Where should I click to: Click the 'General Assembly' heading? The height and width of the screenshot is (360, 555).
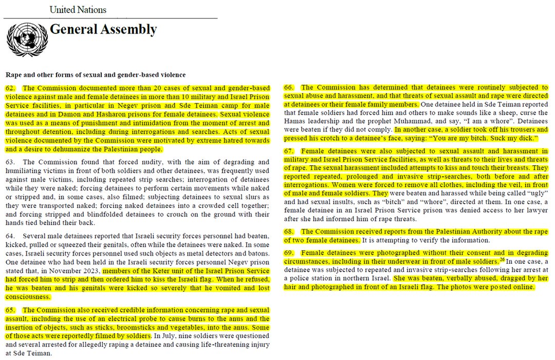(x=103, y=30)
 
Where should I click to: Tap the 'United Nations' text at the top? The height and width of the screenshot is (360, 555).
(x=78, y=10)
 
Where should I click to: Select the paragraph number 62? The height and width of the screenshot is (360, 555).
(x=10, y=88)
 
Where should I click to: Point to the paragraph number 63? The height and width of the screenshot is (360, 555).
(x=10, y=162)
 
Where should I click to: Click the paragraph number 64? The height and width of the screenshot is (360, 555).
(x=10, y=236)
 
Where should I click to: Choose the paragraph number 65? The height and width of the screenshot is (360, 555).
(x=10, y=310)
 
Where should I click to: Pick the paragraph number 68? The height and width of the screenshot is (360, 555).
(x=289, y=232)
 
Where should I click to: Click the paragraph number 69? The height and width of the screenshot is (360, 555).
(x=289, y=253)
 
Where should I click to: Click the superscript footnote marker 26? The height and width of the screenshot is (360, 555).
(x=502, y=259)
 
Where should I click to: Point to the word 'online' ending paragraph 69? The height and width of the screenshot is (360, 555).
(x=523, y=286)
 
